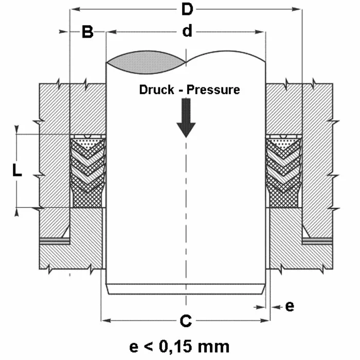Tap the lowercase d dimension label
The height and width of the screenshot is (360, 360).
(187, 32)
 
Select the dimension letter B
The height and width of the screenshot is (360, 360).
(87, 32)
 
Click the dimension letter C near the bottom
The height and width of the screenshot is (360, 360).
(186, 321)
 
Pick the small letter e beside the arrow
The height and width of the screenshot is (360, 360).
(290, 306)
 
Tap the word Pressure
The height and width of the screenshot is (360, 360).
(213, 89)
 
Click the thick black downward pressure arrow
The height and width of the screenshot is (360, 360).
(186, 117)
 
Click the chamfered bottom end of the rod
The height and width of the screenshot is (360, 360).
(186, 289)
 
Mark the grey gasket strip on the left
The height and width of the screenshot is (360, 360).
(55, 240)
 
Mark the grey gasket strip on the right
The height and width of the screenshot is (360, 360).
(318, 240)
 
